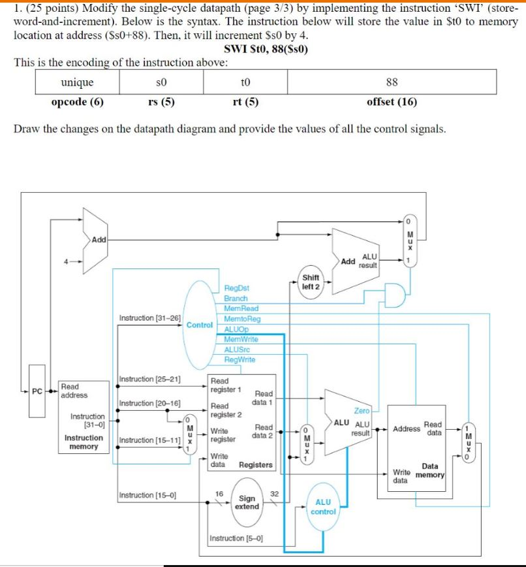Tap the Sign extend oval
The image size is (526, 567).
(247, 502)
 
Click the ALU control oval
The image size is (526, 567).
(323, 506)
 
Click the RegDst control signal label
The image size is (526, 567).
(236, 287)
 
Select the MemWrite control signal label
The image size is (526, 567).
(241, 339)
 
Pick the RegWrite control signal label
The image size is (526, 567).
(240, 359)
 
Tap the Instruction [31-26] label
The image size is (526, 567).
(150, 318)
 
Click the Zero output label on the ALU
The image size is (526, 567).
(362, 411)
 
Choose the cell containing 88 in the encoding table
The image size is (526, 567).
(392, 82)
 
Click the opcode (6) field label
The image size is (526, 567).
(77, 101)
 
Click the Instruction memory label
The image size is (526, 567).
(84, 442)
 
